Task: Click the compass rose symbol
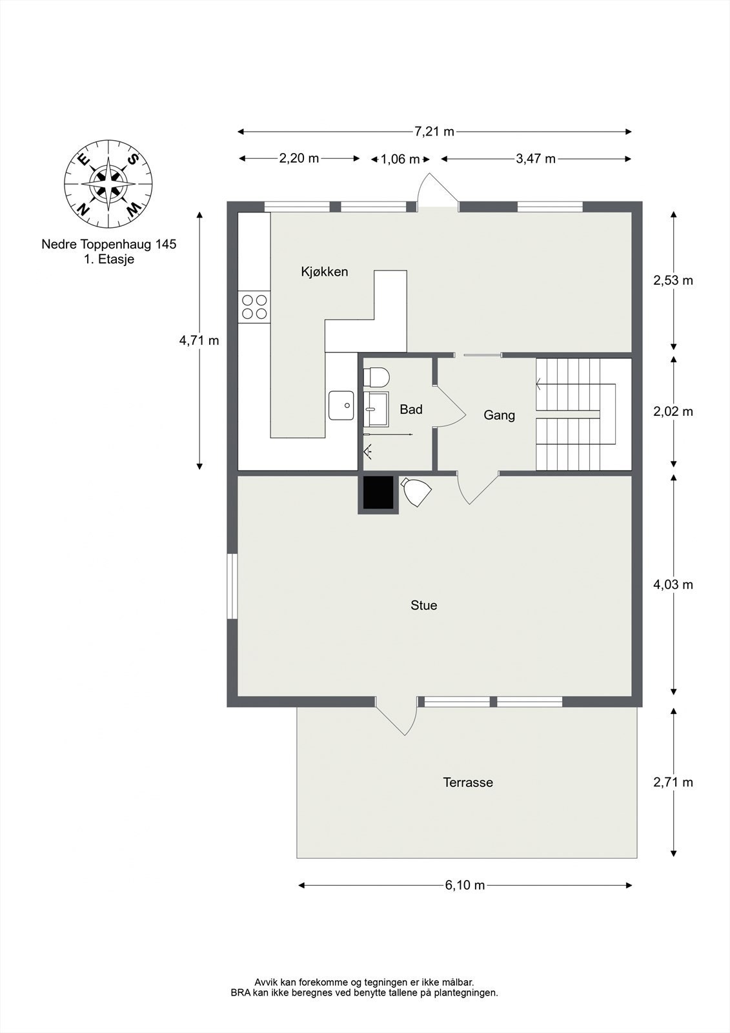tap(108, 184)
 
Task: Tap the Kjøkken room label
tap(324, 272)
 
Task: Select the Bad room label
tap(411, 409)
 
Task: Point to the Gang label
tap(499, 415)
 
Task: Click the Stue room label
tap(423, 605)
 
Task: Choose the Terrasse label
tap(467, 782)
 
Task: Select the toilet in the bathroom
tap(376, 376)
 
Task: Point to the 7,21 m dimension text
tap(434, 132)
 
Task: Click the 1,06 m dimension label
tap(400, 159)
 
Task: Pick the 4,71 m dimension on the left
tap(199, 340)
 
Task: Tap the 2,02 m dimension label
tap(673, 411)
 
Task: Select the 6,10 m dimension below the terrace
tap(465, 885)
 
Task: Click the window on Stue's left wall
tap(232, 586)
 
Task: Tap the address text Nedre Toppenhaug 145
tap(108, 245)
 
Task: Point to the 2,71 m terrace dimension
tap(673, 782)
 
